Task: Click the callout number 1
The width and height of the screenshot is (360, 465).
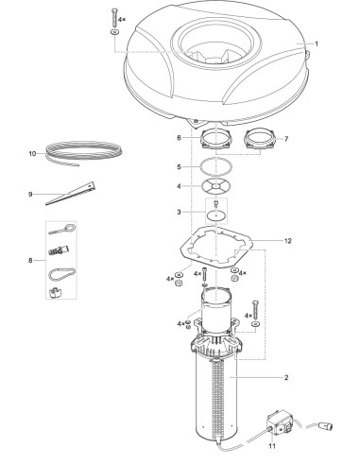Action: click(317, 43)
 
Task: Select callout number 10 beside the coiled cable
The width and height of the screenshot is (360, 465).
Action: click(32, 152)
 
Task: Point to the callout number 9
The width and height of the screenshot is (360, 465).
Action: click(32, 195)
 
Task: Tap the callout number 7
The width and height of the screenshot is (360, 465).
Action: click(288, 139)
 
